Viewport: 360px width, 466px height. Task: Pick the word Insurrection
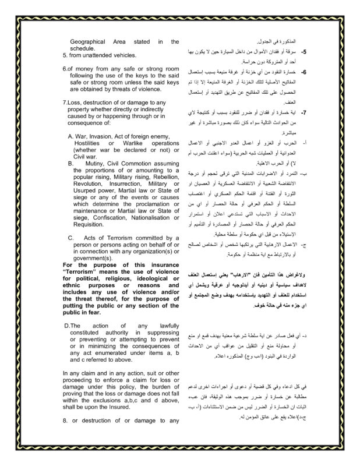point(117,183)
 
